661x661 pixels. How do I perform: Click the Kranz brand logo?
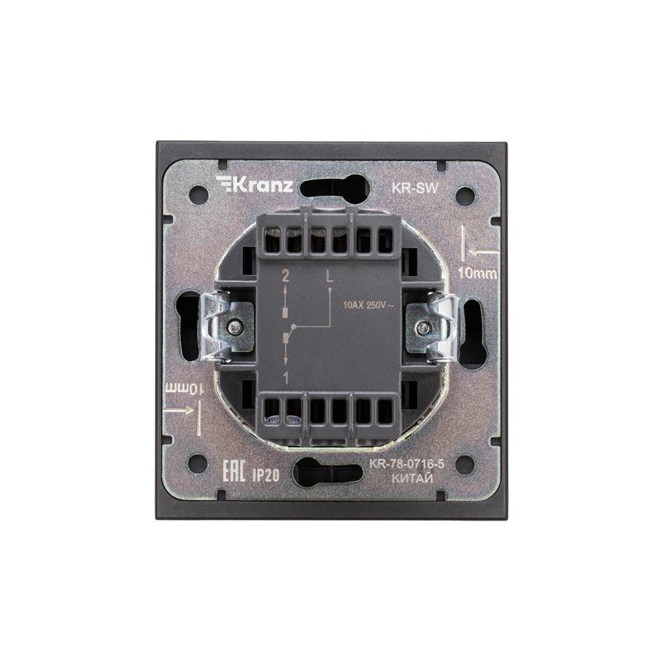click(x=254, y=184)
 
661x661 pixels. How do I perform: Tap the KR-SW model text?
click(x=416, y=188)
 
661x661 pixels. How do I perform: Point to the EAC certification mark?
click(x=234, y=471)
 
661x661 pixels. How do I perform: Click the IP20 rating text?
click(x=265, y=475)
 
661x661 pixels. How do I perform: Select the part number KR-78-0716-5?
click(x=407, y=464)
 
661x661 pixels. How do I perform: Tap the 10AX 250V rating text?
click(x=369, y=305)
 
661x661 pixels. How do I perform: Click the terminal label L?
click(x=329, y=276)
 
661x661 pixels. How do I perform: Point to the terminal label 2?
click(x=285, y=277)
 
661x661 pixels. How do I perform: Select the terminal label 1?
click(x=285, y=378)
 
